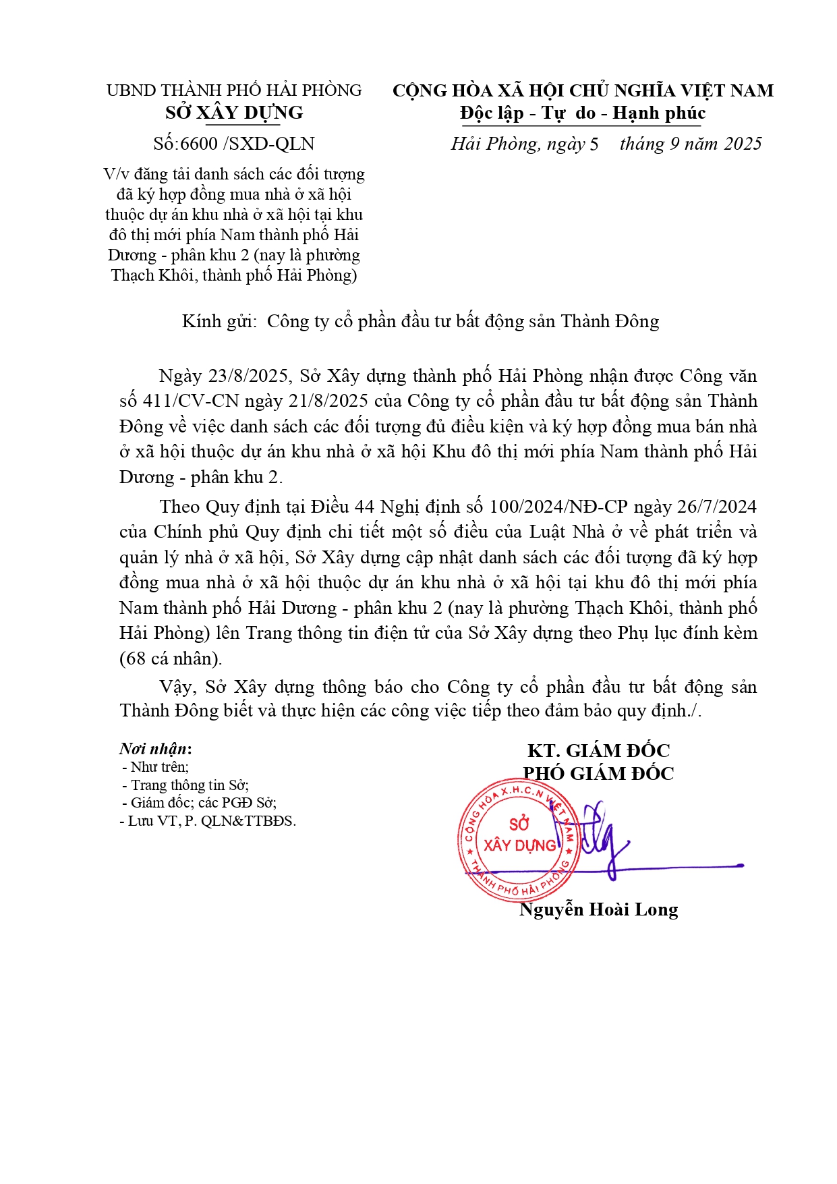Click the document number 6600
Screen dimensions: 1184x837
pyautogui.click(x=199, y=144)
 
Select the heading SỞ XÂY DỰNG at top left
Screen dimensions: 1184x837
pyautogui.click(x=234, y=113)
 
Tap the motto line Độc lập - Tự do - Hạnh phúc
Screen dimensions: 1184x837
pyautogui.click(x=583, y=113)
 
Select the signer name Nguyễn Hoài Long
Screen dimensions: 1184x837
pyautogui.click(x=598, y=909)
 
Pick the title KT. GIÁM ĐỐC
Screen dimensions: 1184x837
pyautogui.click(x=598, y=750)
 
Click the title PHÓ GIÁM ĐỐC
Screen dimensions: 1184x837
pyautogui.click(x=598, y=773)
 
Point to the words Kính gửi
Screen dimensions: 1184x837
pyautogui.click(x=219, y=321)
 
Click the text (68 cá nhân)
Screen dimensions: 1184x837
pyautogui.click(x=171, y=658)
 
